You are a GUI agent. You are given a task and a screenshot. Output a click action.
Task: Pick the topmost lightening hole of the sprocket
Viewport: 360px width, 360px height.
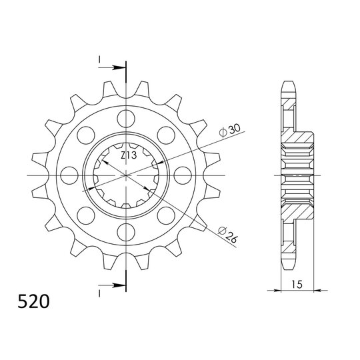pyautogui.click(x=125, y=120)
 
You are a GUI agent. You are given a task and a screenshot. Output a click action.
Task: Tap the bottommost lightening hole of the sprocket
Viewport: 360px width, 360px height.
pyautogui.click(x=125, y=231)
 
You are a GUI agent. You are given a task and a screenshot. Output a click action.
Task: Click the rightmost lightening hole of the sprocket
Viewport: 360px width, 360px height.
pyautogui.click(x=181, y=176)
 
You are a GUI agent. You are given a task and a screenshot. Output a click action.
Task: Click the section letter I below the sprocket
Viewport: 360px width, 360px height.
pyautogui.click(x=99, y=293)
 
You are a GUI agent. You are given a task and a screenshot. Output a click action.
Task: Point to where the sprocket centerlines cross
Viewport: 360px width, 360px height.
pyautogui.click(x=125, y=176)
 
